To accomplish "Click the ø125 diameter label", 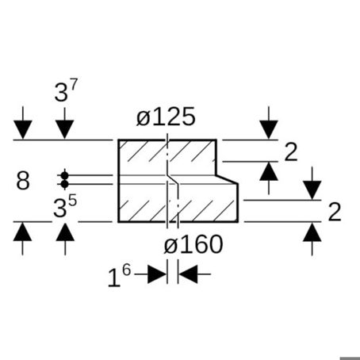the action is (x=166, y=117).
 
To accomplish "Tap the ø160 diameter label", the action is (x=193, y=245).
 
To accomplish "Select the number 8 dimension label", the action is (x=23, y=180).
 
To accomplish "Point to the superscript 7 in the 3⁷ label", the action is (x=73, y=85).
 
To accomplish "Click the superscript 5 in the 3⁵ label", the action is (x=72, y=201).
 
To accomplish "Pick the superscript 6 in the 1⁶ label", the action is (x=126, y=270).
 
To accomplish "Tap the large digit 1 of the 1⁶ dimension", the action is (x=114, y=278).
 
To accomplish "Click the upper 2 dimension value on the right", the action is (x=291, y=152).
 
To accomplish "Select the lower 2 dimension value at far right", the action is (x=335, y=212).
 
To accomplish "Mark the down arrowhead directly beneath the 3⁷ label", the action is (x=65, y=129).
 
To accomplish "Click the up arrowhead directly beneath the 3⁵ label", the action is (x=65, y=232).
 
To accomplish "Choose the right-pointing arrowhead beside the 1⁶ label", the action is (x=157, y=274).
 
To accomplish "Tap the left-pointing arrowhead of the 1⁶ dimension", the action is (x=188, y=274).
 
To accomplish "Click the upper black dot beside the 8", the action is (x=64, y=175).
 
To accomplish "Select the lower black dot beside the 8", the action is (x=64, y=184).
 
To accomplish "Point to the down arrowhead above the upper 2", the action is (x=269, y=129).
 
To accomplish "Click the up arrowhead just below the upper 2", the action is (x=269, y=171).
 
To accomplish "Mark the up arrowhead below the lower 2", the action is (x=312, y=232).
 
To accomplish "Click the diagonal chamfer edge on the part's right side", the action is (x=227, y=179).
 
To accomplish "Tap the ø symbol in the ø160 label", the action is (x=170, y=245).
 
